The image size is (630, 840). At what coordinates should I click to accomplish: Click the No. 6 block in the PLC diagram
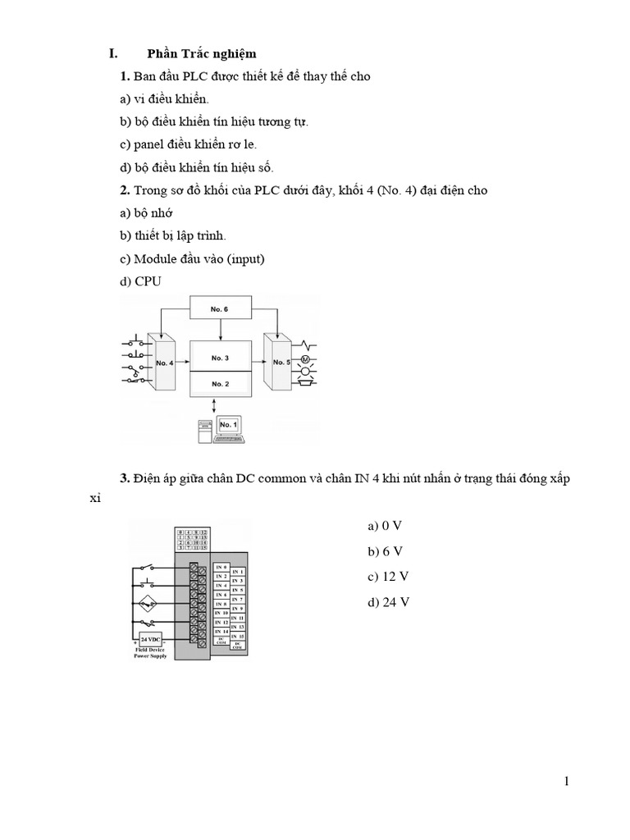[220, 309]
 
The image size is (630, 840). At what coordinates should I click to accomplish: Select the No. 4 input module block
[163, 362]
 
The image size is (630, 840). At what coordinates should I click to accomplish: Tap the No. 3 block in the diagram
[220, 358]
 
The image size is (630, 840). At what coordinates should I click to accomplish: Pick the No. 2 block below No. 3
[220, 383]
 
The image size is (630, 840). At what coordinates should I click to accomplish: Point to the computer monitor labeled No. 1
[228, 425]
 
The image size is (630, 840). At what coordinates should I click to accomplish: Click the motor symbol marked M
[306, 361]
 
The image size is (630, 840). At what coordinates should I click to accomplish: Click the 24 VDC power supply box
[151, 639]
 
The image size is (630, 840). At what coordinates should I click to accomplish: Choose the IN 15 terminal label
[237, 637]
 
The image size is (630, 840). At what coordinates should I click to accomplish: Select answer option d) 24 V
[389, 603]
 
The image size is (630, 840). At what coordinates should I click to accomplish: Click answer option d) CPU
[141, 281]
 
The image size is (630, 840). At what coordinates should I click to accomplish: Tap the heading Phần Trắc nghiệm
[201, 54]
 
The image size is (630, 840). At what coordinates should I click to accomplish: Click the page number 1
[566, 781]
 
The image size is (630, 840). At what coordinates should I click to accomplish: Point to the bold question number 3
[125, 478]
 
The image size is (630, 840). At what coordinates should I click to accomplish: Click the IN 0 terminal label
[221, 567]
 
